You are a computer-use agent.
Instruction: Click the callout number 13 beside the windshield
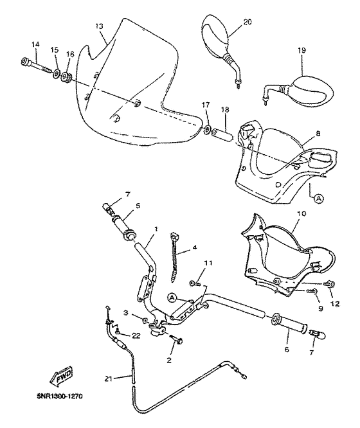99,26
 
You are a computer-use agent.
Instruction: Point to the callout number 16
70,55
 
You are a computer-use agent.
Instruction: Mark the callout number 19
301,49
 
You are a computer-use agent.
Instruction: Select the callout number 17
205,104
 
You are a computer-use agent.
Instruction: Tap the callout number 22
136,335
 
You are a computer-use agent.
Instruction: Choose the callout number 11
207,262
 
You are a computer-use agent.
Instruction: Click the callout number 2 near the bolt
168,361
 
